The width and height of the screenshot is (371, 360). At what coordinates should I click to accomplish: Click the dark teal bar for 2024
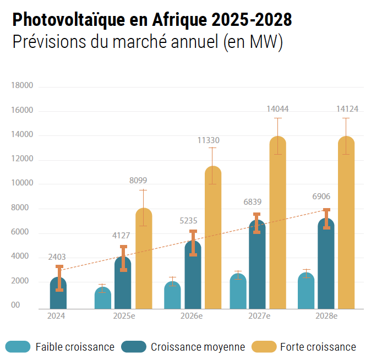[x=58, y=294]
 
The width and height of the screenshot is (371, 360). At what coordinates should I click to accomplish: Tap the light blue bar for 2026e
[x=172, y=296]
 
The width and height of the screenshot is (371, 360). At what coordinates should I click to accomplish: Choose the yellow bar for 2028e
[x=346, y=226]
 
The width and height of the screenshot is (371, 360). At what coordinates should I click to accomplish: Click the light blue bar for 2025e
[x=103, y=298]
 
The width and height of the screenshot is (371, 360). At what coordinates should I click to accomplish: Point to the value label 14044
[x=277, y=109]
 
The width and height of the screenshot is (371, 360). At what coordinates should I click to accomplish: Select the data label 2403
[x=57, y=257]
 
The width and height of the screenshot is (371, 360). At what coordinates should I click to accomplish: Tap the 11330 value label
[x=209, y=140]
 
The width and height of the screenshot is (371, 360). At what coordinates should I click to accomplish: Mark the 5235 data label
[x=188, y=221]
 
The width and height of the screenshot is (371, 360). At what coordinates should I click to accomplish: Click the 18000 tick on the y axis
[x=23, y=85]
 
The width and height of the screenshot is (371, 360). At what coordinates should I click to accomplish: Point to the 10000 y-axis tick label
[x=23, y=183]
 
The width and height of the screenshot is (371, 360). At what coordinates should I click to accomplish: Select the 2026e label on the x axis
[x=192, y=316]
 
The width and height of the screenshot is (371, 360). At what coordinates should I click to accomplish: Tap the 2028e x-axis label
[x=326, y=316]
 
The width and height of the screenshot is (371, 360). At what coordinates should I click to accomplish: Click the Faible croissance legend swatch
[x=18, y=347]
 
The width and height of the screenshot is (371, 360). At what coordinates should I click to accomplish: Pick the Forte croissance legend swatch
[x=264, y=347]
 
